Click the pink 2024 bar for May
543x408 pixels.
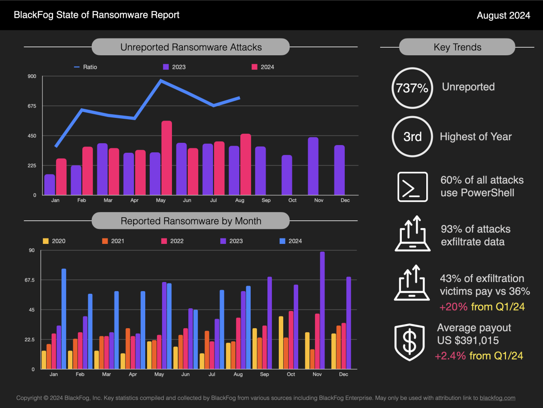tap(167, 158)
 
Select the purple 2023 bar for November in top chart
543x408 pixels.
tap(313, 166)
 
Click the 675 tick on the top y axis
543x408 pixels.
tap(32, 106)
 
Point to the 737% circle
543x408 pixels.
tap(412, 88)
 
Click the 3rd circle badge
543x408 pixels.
tap(412, 136)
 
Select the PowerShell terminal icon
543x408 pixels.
tap(412, 186)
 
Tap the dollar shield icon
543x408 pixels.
tap(410, 342)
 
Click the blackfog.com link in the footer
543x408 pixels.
tap(497, 398)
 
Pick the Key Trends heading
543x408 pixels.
tap(457, 47)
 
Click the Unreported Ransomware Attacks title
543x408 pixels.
tap(191, 47)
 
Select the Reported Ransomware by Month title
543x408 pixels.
tap(191, 221)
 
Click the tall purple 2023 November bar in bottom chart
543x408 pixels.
tap(322, 310)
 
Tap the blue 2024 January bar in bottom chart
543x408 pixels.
tap(64, 319)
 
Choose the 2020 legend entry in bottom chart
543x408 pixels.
tap(54, 241)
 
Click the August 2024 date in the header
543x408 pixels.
tap(503, 15)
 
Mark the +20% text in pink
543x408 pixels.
tap(453, 307)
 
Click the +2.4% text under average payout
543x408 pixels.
tap(450, 356)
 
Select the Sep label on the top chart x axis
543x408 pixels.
tap(266, 200)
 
